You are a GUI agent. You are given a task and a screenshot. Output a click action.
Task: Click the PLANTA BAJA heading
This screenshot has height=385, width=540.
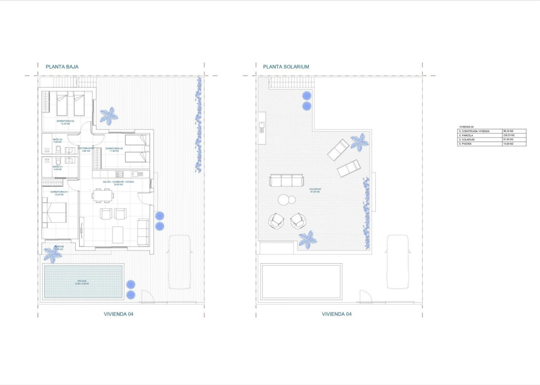[x=62, y=67]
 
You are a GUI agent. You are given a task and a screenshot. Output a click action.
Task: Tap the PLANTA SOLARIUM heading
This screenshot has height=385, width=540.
[x=286, y=67]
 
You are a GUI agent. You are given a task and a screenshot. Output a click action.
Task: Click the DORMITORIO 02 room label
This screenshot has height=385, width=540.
[x=66, y=122]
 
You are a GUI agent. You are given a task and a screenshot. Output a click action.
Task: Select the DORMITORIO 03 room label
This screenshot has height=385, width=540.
[x=114, y=149]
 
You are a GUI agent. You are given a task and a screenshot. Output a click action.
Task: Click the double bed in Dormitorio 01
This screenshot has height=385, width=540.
[x=54, y=212]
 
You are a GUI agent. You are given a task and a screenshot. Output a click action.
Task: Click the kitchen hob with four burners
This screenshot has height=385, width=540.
[x=119, y=174]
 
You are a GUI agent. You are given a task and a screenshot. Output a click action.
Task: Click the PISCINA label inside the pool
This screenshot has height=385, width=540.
[x=83, y=282]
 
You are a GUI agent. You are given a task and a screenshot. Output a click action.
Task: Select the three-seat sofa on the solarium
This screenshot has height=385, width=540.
[x=287, y=180]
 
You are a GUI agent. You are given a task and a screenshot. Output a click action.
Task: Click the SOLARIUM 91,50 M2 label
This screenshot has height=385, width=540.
[x=315, y=190]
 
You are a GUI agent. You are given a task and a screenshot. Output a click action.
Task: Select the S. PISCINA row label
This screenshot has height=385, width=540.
[x=467, y=144]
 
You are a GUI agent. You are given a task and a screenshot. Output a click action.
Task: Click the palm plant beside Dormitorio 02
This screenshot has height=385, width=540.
[x=108, y=115]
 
